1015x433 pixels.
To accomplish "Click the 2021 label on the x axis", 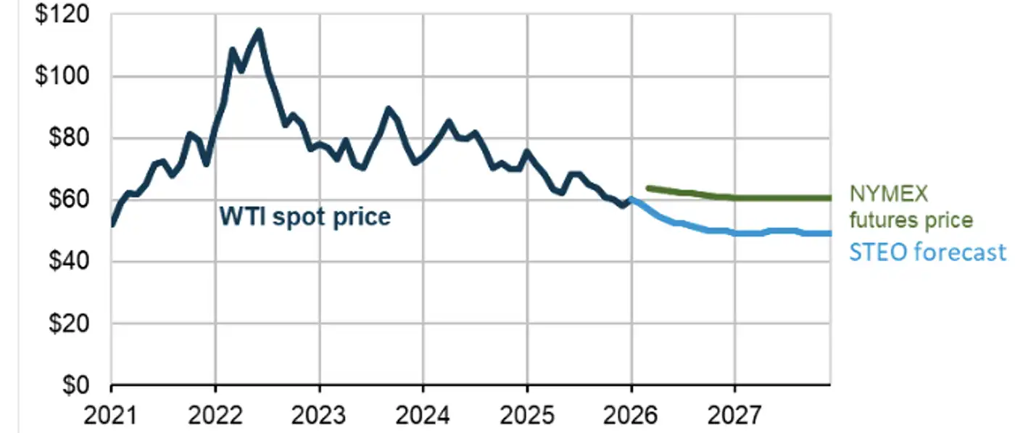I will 111,416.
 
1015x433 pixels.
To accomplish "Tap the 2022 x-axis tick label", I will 215,416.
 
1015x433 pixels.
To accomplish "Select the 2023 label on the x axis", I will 319,416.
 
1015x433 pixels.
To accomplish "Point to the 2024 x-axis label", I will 423,416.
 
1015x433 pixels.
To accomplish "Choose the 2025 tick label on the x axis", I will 527,416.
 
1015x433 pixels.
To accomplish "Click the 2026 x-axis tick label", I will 631,416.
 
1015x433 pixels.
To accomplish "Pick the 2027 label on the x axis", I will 735,416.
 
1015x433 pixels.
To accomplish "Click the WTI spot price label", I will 304,216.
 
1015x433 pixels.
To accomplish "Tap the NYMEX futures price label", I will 911,207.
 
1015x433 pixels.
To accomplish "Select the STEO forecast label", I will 927,252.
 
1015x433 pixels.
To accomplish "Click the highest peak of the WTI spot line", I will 259,30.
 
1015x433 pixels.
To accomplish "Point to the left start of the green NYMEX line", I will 647,188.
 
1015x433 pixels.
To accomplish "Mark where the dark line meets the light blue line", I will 631,199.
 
